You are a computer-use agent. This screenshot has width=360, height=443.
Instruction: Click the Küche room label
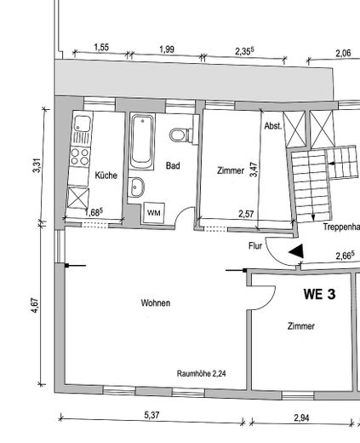(106, 175)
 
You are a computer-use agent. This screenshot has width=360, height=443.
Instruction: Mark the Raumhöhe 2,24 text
(201, 373)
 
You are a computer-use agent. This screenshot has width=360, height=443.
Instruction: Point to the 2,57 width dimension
(248, 214)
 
